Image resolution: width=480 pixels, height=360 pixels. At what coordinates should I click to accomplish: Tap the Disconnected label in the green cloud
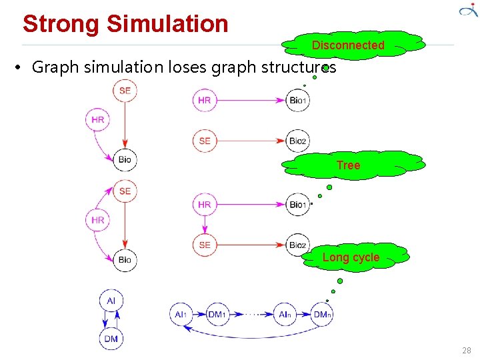348,45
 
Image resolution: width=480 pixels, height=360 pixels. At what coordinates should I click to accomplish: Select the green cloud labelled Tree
348,165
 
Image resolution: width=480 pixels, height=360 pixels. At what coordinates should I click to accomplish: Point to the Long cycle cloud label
351,257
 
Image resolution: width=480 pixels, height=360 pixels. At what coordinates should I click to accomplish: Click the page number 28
466,351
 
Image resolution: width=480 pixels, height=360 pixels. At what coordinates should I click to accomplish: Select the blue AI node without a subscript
111,301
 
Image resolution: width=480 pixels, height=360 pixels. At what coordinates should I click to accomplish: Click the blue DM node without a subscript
111,339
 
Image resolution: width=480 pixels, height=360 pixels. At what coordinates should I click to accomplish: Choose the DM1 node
216,314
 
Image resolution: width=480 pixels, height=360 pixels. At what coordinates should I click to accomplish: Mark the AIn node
285,314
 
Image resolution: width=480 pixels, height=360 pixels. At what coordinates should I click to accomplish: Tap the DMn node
322,314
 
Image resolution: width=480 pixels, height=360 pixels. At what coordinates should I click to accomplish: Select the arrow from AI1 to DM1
198,314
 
